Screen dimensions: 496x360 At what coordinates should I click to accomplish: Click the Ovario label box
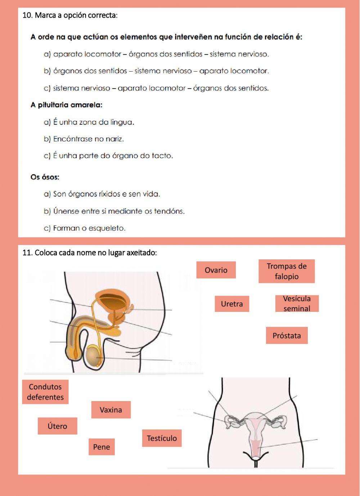[x=216, y=270]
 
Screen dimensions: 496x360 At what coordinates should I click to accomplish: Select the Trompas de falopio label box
[x=287, y=271]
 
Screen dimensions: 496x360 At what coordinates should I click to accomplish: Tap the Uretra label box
[x=232, y=304]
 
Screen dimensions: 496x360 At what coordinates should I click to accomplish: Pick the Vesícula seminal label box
[x=297, y=304]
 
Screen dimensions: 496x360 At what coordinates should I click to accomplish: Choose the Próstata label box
[x=287, y=336]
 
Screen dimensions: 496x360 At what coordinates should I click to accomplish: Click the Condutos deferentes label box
[x=45, y=392]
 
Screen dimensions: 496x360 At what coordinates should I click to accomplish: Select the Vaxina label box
[x=111, y=410]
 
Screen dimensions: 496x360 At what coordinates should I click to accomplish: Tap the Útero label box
[x=57, y=426]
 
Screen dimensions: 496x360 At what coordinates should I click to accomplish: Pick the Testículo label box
[x=162, y=438]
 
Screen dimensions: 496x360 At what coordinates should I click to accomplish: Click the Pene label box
[x=102, y=447]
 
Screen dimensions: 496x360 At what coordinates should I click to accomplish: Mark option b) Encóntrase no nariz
[x=84, y=139]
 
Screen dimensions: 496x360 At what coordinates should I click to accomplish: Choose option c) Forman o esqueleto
[x=85, y=228]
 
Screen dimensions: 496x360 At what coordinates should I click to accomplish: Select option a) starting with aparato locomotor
[x=156, y=54]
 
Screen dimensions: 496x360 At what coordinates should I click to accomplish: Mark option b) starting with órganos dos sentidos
[x=156, y=71]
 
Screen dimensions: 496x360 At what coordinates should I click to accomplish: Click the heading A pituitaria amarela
[x=67, y=105]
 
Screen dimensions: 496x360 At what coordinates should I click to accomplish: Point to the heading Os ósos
[x=45, y=177]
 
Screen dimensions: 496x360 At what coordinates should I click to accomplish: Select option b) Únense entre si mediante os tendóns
[x=114, y=211]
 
